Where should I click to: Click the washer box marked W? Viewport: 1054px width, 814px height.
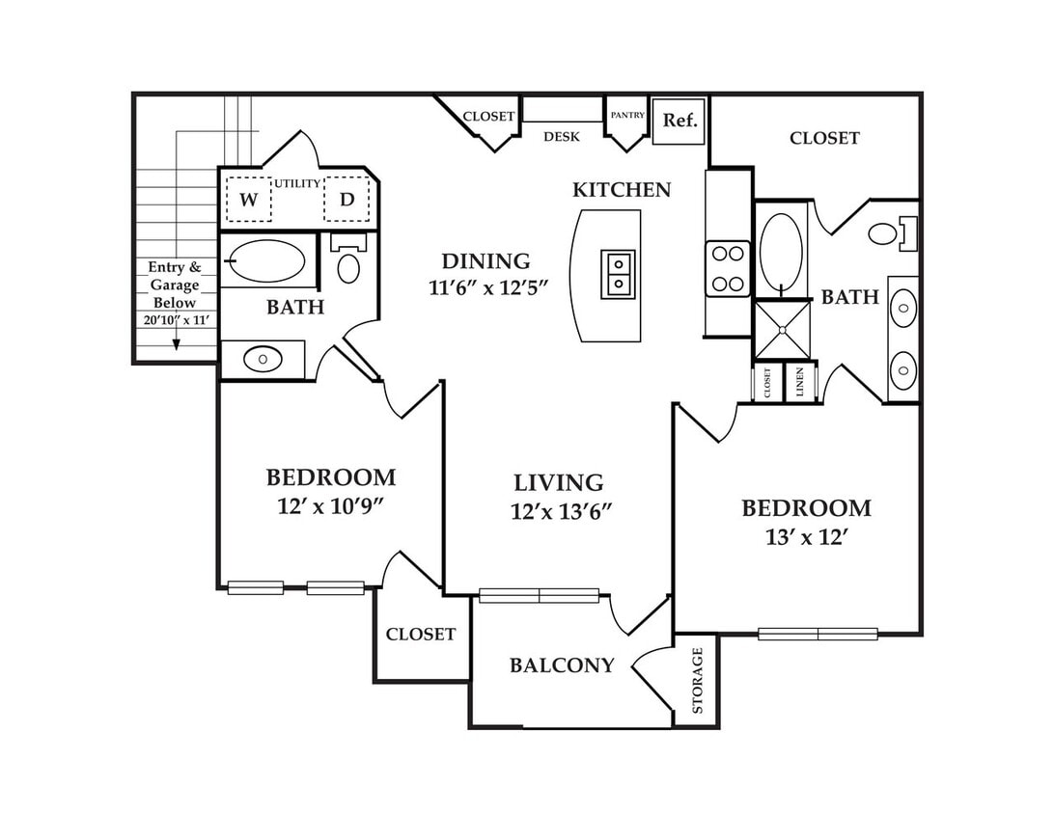249,199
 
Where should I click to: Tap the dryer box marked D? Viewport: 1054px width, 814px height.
347,199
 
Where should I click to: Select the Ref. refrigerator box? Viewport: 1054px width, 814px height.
679,121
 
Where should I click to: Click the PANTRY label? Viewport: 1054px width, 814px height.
627,116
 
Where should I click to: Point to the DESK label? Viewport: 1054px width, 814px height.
562,137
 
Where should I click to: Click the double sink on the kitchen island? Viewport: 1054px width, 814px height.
618,275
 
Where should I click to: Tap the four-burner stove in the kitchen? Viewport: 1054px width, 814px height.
728,269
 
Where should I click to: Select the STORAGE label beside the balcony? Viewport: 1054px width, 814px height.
697,680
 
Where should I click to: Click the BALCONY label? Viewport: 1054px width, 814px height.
562,665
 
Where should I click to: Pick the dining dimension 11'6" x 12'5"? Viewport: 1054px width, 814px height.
488,287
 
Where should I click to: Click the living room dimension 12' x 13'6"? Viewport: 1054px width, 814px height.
561,512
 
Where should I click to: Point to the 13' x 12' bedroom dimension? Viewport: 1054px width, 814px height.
804,537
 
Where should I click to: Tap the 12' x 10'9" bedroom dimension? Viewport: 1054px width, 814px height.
330,506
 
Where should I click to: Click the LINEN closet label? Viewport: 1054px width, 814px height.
800,383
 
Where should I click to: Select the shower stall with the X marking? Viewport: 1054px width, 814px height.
783,330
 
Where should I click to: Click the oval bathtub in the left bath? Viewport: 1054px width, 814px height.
266,261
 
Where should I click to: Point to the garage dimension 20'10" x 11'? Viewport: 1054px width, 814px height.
176,320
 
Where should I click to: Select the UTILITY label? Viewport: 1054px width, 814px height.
297,183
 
